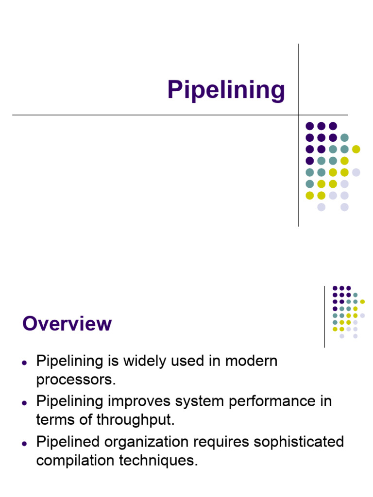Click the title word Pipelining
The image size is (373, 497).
[226, 90]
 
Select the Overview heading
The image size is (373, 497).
[67, 324]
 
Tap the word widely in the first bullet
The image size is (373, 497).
[137, 362]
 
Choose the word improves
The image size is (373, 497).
[145, 402]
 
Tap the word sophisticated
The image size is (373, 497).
[302, 442]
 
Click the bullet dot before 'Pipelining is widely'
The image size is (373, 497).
[24, 363]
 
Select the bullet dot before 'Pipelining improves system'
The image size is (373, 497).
[24, 403]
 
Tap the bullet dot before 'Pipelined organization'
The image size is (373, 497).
[24, 443]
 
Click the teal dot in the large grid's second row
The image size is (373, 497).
[344, 137]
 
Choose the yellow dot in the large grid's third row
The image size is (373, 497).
[356, 149]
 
